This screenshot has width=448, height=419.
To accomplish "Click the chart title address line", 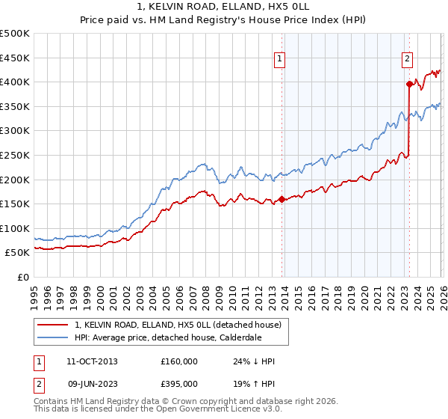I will tap(223, 6).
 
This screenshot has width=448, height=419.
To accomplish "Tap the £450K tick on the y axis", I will tap(15, 58).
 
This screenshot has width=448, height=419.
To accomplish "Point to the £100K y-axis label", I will tap(15, 228).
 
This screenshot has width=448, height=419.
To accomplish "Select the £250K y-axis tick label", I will tap(15, 155).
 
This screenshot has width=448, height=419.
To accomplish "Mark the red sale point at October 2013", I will tap(281, 199).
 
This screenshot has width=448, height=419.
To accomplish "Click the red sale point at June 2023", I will tap(409, 85).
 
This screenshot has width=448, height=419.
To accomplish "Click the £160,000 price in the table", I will tap(179, 361).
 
